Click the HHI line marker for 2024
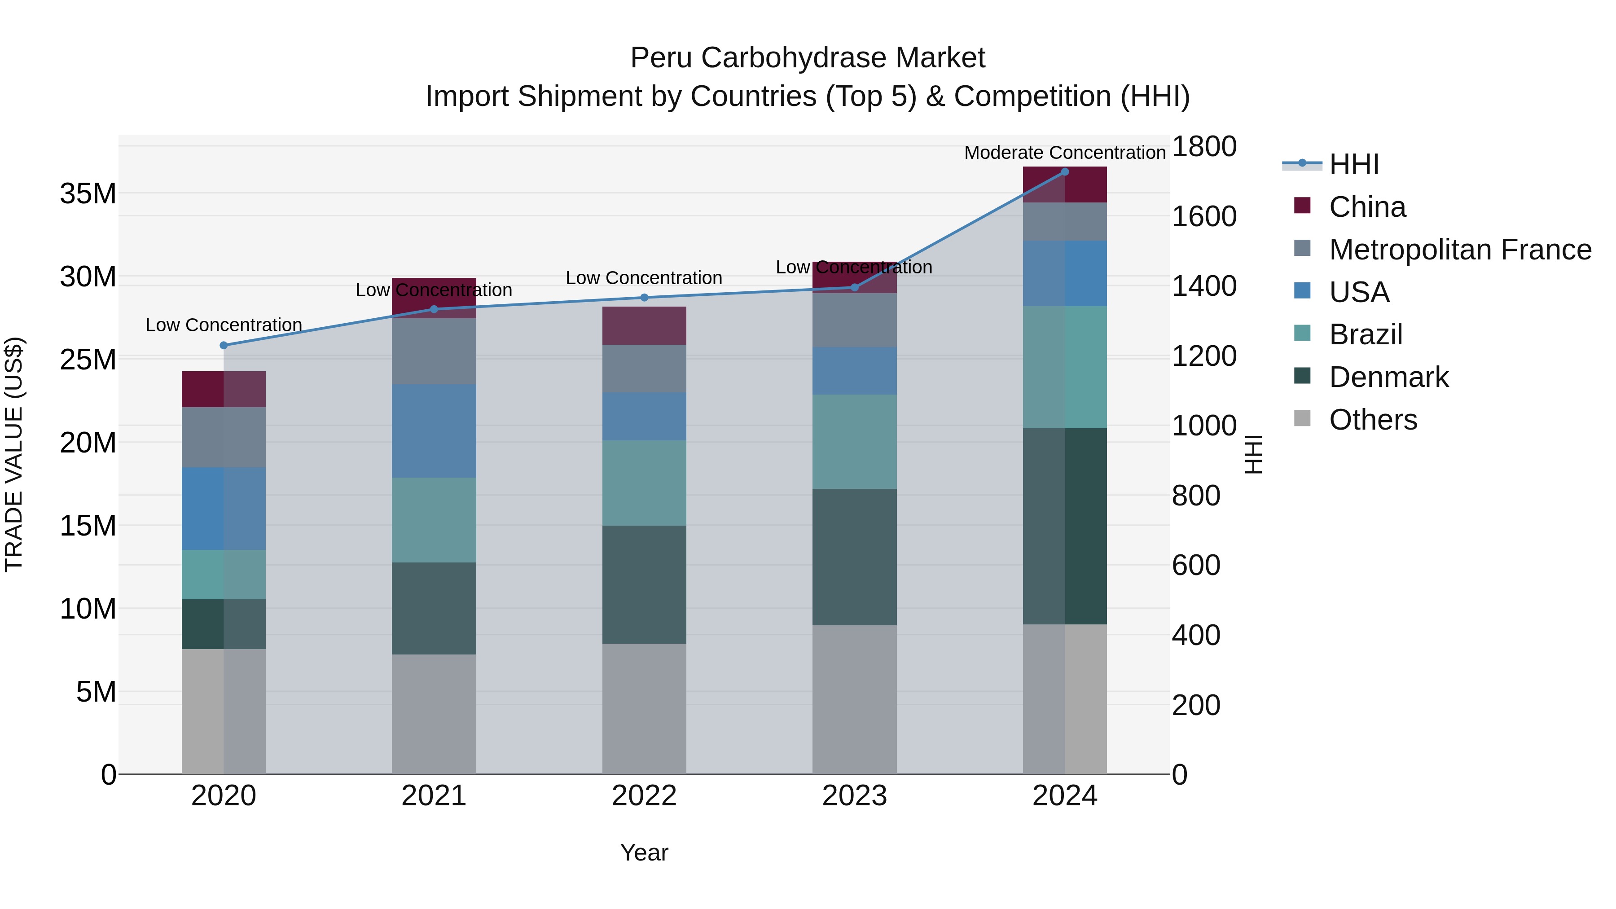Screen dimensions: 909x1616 pyautogui.click(x=1065, y=172)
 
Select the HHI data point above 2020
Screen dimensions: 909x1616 pyautogui.click(x=224, y=345)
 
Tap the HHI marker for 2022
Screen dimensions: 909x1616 pyautogui.click(x=644, y=297)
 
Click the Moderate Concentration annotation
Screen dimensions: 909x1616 pyautogui.click(x=1065, y=153)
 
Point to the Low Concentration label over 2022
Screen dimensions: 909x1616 pyautogui.click(x=644, y=278)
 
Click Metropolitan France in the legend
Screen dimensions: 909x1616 pyautogui.click(x=1460, y=250)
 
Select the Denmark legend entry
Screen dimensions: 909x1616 pyautogui.click(x=1388, y=377)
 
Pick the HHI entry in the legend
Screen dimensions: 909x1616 pyautogui.click(x=1354, y=164)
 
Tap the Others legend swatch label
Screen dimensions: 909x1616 pyautogui.click(x=1373, y=420)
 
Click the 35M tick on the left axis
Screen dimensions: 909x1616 pyautogui.click(x=88, y=194)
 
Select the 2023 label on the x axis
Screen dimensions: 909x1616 pyautogui.click(x=854, y=796)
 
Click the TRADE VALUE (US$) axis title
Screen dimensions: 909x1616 pyautogui.click(x=14, y=454)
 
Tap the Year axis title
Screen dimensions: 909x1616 pyautogui.click(x=644, y=852)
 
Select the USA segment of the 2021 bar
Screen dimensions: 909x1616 pyautogui.click(x=434, y=430)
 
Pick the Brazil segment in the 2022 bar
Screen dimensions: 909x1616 pyautogui.click(x=644, y=483)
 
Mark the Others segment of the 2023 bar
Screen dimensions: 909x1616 pyautogui.click(x=854, y=699)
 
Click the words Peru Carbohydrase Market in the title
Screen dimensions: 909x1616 pyautogui.click(x=808, y=58)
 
